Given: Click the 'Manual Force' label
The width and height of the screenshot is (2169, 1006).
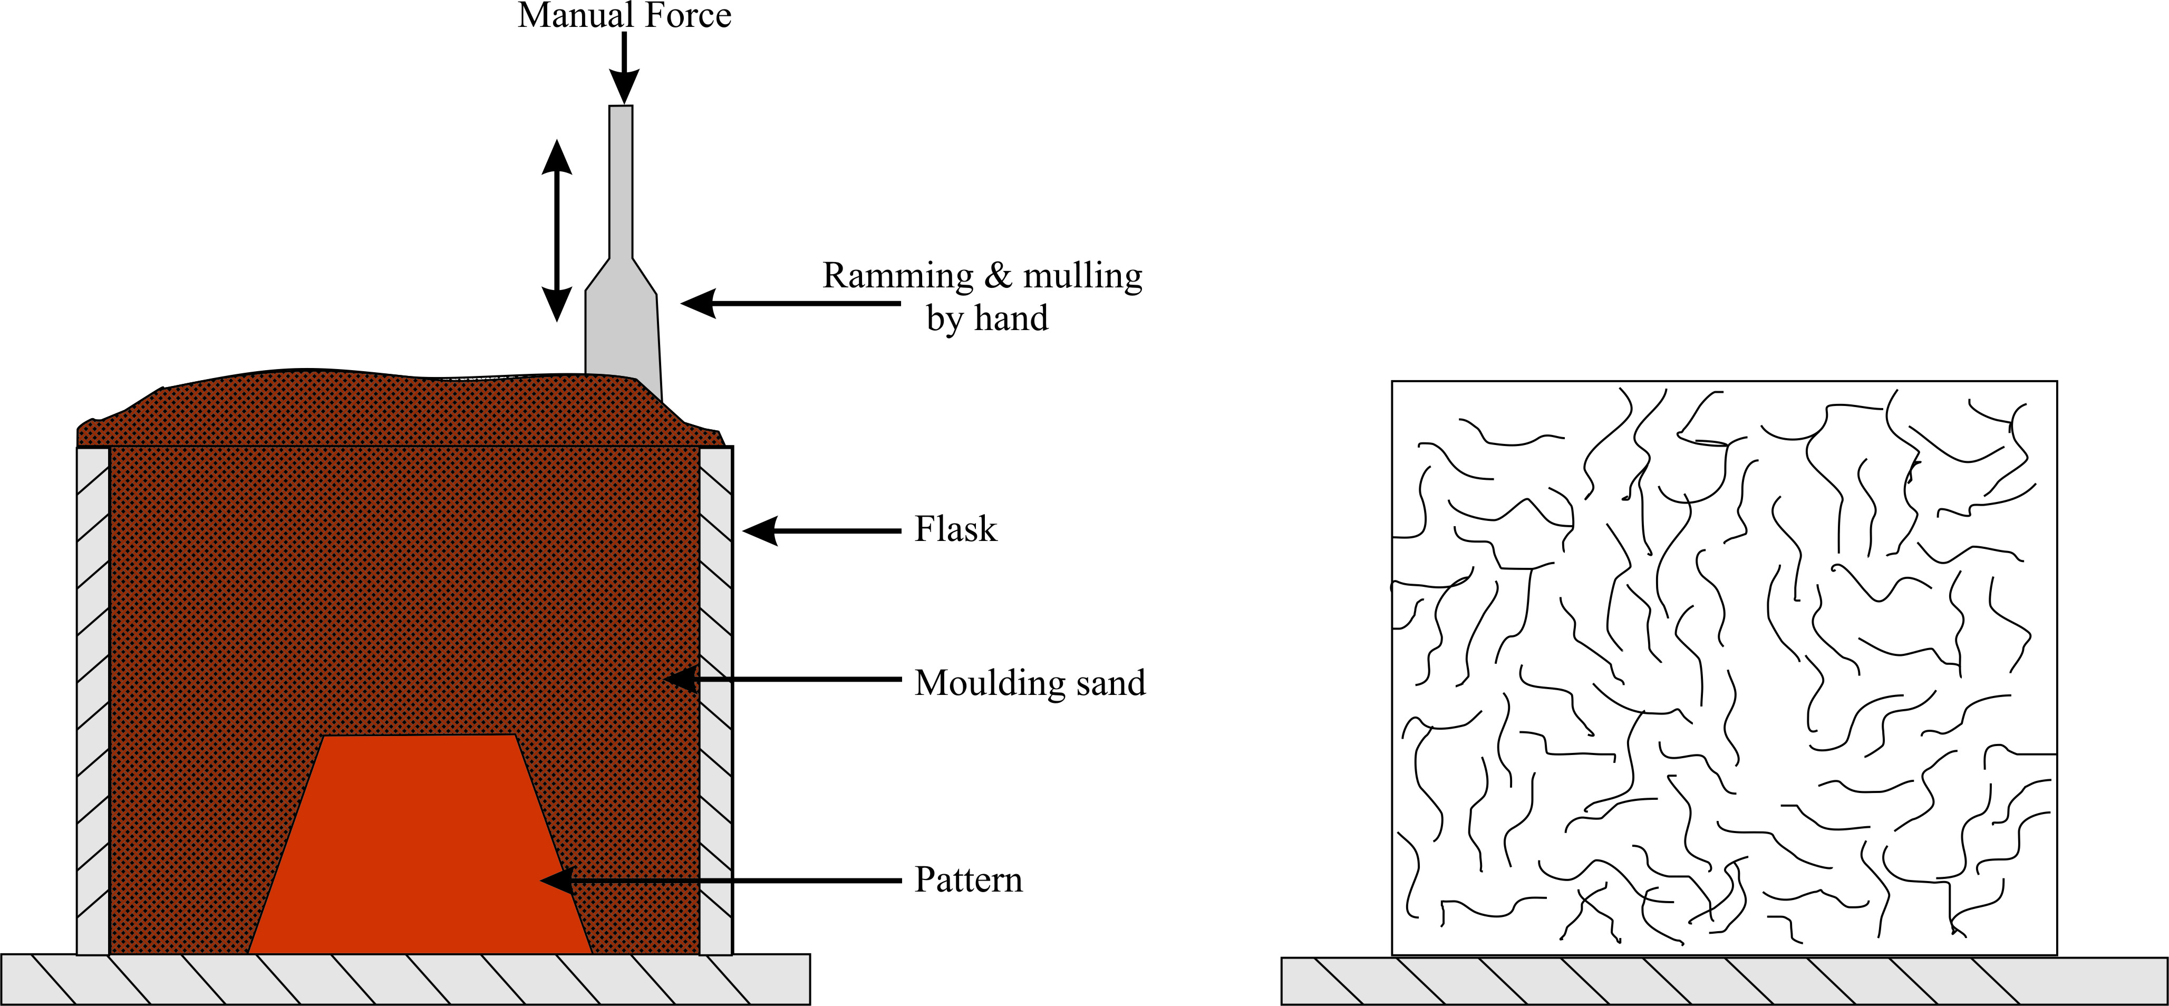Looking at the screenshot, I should (624, 15).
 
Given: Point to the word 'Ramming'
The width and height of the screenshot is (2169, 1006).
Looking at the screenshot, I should (897, 276).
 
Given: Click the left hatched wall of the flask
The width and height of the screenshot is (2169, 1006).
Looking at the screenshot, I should (93, 699).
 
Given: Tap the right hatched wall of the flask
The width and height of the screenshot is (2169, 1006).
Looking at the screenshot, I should (715, 699).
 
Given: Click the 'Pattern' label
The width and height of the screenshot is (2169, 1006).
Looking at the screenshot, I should (969, 880).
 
